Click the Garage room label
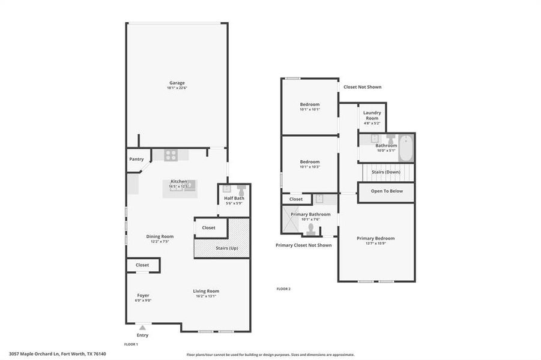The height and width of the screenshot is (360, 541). point(177,83)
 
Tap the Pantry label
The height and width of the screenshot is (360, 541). point(136,159)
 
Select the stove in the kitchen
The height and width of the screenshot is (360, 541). point(171,155)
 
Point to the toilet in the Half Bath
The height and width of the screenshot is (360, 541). point(241,188)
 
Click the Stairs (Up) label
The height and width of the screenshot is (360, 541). point(226,248)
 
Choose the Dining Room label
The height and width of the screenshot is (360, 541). point(160,236)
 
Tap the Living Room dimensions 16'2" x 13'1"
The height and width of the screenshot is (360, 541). point(205,296)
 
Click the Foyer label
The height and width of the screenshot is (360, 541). point(143,295)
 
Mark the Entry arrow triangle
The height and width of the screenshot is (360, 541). point(142,328)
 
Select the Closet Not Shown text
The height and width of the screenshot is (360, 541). point(362,87)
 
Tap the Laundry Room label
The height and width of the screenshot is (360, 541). point(372,115)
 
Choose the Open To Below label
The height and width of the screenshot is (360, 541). point(387,191)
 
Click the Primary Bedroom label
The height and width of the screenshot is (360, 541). point(375,238)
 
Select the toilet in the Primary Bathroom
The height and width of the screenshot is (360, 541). point(310,229)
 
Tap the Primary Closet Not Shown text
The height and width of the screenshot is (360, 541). point(303,245)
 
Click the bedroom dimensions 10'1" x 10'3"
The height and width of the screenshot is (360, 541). point(310,167)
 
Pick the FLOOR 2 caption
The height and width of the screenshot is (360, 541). point(283,289)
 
